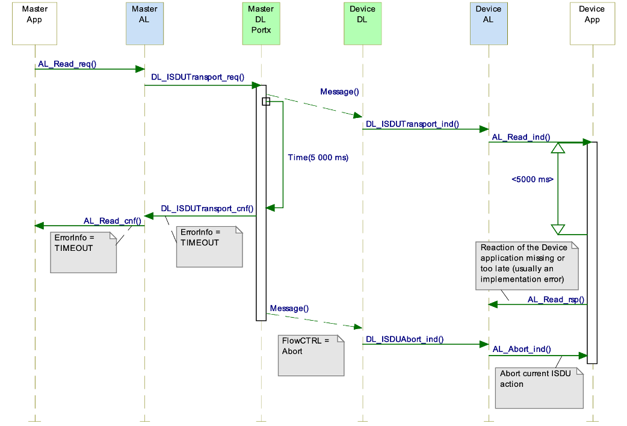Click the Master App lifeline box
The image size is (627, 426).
[x=35, y=23]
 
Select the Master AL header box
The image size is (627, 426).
[x=144, y=23]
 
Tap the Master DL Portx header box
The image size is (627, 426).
[x=261, y=23]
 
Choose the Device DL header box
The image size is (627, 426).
[x=362, y=23]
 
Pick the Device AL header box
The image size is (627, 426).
[x=488, y=23]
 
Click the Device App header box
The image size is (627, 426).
[x=592, y=23]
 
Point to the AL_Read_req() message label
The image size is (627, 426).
[x=67, y=64]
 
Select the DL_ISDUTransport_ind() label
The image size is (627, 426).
[x=412, y=125]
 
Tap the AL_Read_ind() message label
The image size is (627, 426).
[x=521, y=137]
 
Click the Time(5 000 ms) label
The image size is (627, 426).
[x=318, y=157]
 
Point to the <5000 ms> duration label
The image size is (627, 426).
[x=533, y=179]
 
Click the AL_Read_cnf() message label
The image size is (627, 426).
[x=112, y=221]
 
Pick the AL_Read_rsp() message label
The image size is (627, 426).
[x=556, y=299]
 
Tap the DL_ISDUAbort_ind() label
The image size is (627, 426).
[x=404, y=339]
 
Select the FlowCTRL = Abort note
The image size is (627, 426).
[x=310, y=355]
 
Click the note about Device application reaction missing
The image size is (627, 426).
[x=526, y=265]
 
